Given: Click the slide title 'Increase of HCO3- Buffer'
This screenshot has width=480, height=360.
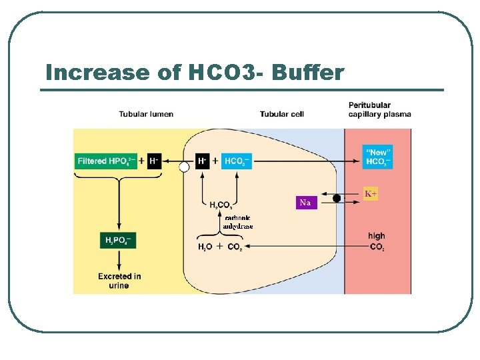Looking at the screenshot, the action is [x=195, y=72].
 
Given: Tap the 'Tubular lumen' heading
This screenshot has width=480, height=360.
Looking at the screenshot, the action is [x=146, y=114].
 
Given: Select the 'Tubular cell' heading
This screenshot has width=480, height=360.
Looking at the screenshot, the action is [x=281, y=114].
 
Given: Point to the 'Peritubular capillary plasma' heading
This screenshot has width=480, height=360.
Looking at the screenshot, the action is [x=379, y=109].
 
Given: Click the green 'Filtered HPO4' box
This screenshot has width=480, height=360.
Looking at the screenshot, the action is [x=107, y=161].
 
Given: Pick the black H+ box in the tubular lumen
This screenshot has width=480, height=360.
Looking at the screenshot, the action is [x=154, y=161].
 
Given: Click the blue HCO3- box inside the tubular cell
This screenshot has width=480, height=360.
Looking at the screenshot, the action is [x=237, y=161].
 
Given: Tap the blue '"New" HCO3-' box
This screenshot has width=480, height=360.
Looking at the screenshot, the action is [x=377, y=157].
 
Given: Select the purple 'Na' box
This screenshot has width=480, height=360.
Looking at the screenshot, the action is [x=305, y=202].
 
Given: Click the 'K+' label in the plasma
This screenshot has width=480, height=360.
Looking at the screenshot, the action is [x=371, y=194].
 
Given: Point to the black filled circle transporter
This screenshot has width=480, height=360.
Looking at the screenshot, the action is [x=337, y=198].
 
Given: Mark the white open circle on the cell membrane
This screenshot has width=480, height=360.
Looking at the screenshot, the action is [x=184, y=168].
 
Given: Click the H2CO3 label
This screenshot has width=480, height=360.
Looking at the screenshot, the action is [x=221, y=205].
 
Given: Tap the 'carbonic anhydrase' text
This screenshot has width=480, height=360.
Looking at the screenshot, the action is [x=238, y=222].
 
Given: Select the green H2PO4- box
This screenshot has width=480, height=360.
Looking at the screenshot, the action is [x=119, y=241].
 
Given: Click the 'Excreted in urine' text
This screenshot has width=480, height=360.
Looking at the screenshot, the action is [x=119, y=281].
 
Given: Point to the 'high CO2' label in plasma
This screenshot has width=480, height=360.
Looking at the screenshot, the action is [x=377, y=241].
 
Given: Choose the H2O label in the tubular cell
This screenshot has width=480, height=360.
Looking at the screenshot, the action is [x=205, y=247].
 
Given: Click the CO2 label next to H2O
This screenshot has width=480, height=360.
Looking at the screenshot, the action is [x=235, y=247].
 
